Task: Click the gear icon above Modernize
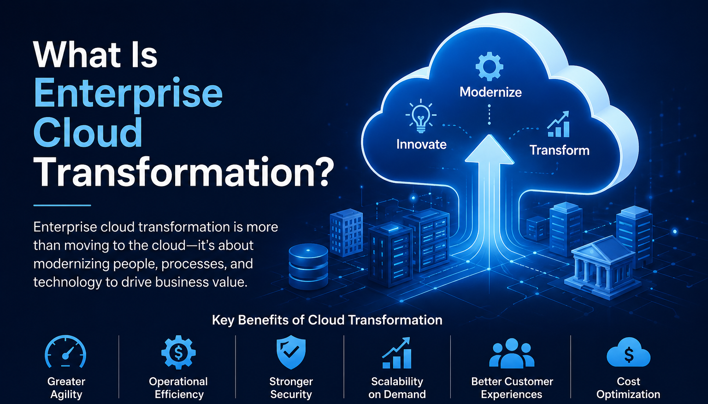(x=489, y=66)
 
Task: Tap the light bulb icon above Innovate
(x=421, y=116)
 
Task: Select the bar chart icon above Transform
(x=559, y=124)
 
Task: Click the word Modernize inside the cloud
(x=490, y=92)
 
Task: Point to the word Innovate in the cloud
(x=421, y=144)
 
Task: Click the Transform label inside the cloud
(x=560, y=150)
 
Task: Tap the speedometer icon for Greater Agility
(x=65, y=352)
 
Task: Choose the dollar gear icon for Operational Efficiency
(x=178, y=352)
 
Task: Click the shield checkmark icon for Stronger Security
(x=291, y=352)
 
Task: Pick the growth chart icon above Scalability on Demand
(x=397, y=353)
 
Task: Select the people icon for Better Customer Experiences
(x=512, y=353)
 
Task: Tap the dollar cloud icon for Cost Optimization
(x=628, y=352)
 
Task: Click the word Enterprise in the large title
(x=128, y=94)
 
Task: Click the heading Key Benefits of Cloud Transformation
(x=327, y=320)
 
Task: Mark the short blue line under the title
(x=62, y=205)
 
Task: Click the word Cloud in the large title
(x=88, y=133)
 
